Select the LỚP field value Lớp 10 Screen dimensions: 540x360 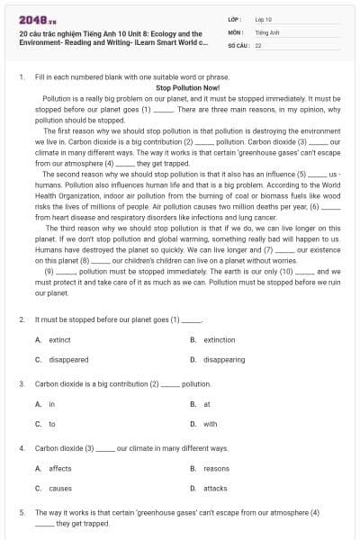[x=264, y=18]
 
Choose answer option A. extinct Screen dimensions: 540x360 [x=53, y=340]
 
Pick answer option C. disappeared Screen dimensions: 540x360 [x=62, y=359]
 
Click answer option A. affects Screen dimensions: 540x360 [x=53, y=468]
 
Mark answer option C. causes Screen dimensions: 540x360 [x=53, y=488]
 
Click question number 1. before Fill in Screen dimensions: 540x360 [x=21, y=78]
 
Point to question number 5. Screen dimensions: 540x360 [x=21, y=512]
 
